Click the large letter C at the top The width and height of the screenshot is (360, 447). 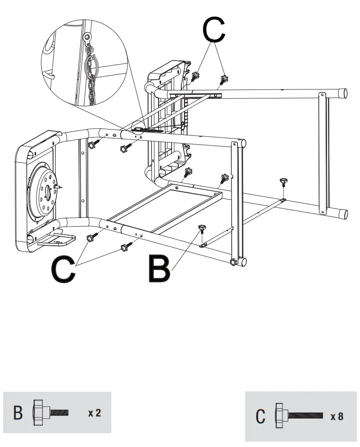pyautogui.click(x=213, y=30)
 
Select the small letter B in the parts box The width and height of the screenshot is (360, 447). pyautogui.click(x=18, y=412)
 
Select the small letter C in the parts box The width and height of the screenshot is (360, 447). pyautogui.click(x=261, y=416)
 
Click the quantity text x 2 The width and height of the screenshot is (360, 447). pyautogui.click(x=94, y=413)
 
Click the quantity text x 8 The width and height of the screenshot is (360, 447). pyautogui.click(x=336, y=417)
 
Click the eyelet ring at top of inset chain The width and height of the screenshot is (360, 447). pyautogui.click(x=88, y=37)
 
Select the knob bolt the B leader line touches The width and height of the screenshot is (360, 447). pyautogui.click(x=202, y=229)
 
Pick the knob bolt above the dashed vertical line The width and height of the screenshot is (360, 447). pyautogui.click(x=282, y=182)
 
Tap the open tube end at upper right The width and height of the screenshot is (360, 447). pyautogui.click(x=343, y=93)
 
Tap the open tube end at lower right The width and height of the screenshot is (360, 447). pyautogui.click(x=343, y=213)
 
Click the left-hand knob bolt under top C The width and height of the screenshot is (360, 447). pyautogui.click(x=196, y=76)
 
